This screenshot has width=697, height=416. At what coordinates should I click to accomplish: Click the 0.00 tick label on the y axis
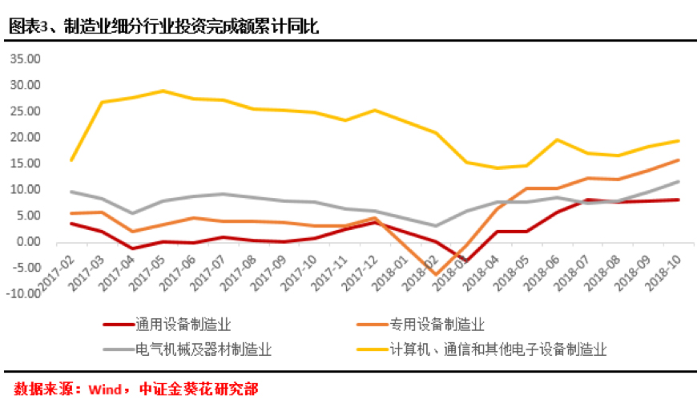point(27,242)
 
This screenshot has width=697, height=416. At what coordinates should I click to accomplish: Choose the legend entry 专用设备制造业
point(437,325)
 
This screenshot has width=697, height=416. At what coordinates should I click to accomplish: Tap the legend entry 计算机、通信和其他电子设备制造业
point(498,350)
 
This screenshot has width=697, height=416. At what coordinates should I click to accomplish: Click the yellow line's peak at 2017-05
point(163,91)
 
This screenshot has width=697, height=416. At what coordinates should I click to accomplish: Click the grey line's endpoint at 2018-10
point(679,181)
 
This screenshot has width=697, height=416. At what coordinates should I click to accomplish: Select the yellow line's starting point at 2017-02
point(72,160)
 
